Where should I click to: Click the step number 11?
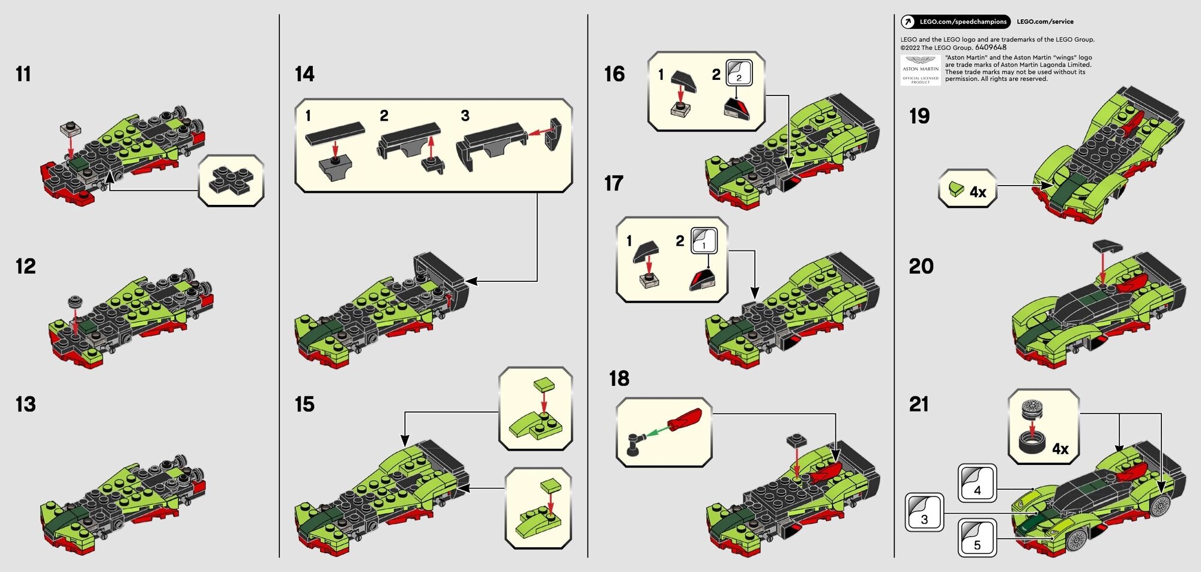pyautogui.click(x=23, y=74)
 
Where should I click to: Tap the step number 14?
pyautogui.click(x=304, y=74)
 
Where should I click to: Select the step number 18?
pyautogui.click(x=619, y=379)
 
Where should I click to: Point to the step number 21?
pyautogui.click(x=919, y=404)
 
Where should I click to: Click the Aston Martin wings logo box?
pyautogui.click(x=921, y=70)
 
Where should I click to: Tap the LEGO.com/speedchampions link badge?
pyautogui.click(x=956, y=22)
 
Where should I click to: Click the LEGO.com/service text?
pyautogui.click(x=1045, y=22)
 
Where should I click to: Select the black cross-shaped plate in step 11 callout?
pyautogui.click(x=231, y=181)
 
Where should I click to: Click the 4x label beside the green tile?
pyautogui.click(x=978, y=192)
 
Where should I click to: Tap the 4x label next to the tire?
pyautogui.click(x=1060, y=449)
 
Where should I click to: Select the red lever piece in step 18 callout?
pyautogui.click(x=685, y=419)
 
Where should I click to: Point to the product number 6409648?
pyautogui.click(x=991, y=47)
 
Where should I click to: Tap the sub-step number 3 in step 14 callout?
pyautogui.click(x=465, y=115)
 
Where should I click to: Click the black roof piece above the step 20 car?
pyautogui.click(x=1107, y=246)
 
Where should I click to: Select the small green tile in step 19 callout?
pyautogui.click(x=956, y=189)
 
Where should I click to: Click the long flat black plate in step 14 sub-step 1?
pyautogui.click(x=334, y=134)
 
